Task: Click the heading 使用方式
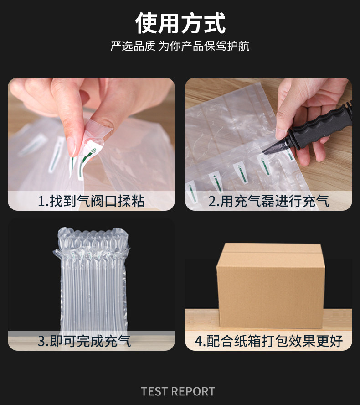pyautogui.click(x=180, y=23)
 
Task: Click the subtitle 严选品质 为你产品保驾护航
pyautogui.click(x=180, y=46)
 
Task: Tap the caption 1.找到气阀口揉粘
pyautogui.click(x=91, y=201)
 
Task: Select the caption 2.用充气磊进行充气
pyautogui.click(x=269, y=201)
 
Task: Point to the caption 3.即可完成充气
pyautogui.click(x=84, y=341)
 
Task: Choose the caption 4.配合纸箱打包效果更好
pyautogui.click(x=269, y=341)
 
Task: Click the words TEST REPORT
pyautogui.click(x=178, y=391)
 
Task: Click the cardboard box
pyautogui.click(x=270, y=286)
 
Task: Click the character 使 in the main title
pyautogui.click(x=147, y=23)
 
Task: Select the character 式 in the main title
pyautogui.click(x=215, y=23)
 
